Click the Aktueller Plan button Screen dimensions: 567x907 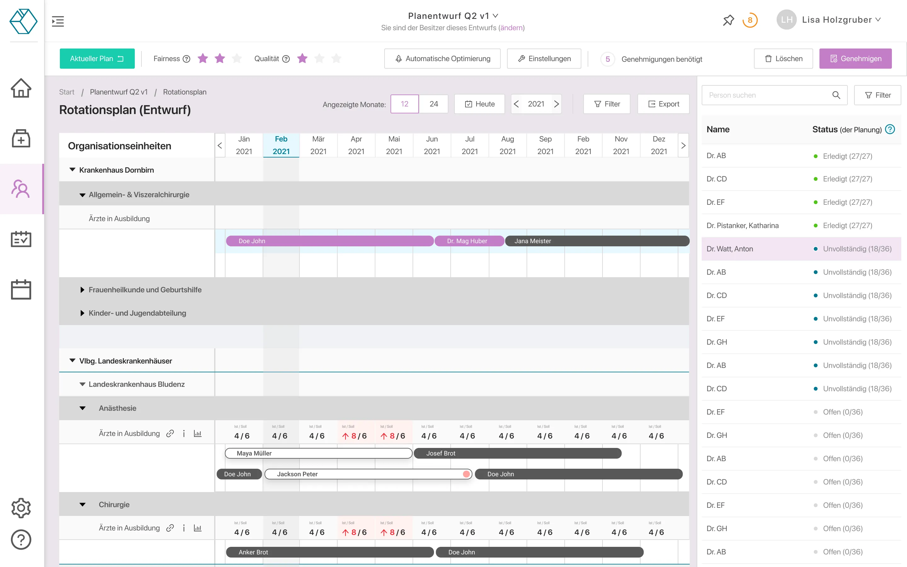point(97,59)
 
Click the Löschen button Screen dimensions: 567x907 point(783,59)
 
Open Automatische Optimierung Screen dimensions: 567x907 point(442,59)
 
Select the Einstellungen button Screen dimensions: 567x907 point(544,59)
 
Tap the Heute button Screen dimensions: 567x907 point(479,104)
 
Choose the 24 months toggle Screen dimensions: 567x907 point(434,104)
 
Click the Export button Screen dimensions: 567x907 point(663,104)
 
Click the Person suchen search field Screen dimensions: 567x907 point(768,95)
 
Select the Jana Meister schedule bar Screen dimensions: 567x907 point(597,241)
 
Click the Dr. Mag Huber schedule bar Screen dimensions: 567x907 point(469,241)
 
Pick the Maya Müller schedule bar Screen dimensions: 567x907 point(319,453)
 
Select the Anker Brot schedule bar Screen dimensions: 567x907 point(330,552)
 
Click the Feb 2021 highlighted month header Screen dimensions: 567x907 point(281,145)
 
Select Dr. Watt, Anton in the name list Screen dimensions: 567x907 point(730,249)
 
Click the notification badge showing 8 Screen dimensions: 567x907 point(750,20)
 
